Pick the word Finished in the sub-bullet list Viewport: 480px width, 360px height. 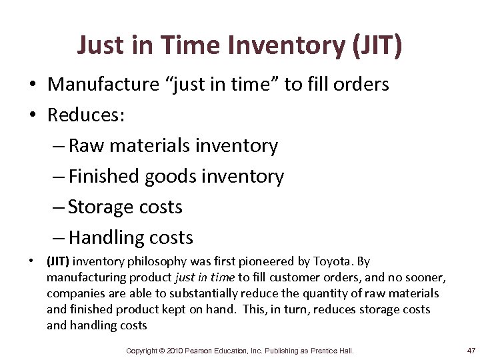[x=99, y=176]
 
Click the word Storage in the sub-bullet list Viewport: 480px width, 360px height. [x=101, y=207]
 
